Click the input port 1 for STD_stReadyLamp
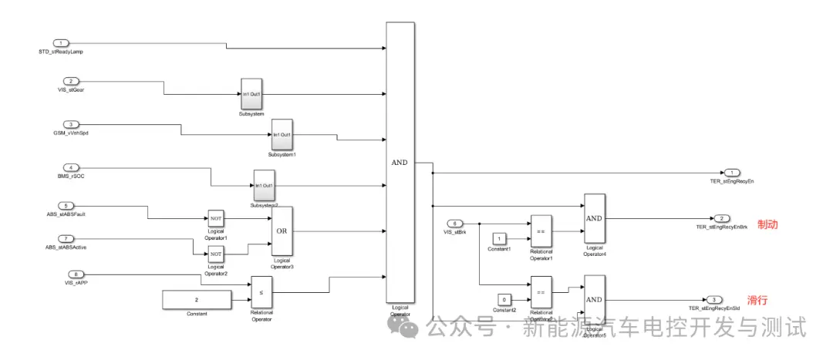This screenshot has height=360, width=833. click(x=61, y=42)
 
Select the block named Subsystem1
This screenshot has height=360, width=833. click(x=282, y=135)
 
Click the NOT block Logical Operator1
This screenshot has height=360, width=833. click(x=215, y=218)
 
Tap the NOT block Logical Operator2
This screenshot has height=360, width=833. click(x=215, y=254)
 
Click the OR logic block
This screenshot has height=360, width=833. click(x=282, y=230)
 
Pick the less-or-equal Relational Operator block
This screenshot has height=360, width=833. click(x=261, y=292)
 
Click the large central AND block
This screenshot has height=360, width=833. click(x=400, y=162)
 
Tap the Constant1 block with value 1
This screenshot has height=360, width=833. click(x=500, y=237)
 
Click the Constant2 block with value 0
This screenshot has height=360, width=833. click(x=504, y=298)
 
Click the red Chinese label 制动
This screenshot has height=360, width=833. click(x=767, y=225)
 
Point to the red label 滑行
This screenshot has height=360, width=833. click(x=758, y=299)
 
